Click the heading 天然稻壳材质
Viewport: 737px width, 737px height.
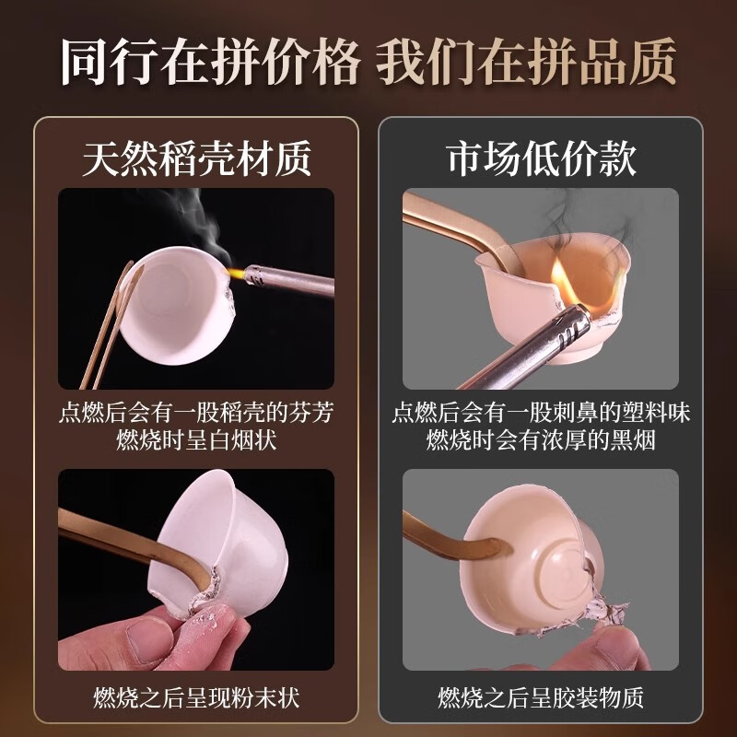[196, 158]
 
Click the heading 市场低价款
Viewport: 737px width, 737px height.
[541, 158]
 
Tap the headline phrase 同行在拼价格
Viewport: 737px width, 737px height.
[210, 62]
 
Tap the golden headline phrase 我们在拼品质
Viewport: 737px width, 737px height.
[526, 62]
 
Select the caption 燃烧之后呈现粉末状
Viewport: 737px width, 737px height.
[196, 697]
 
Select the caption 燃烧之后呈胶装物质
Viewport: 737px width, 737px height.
[541, 697]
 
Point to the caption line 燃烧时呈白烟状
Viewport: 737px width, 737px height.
[196, 440]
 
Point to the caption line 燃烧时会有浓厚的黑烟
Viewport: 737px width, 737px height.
[541, 440]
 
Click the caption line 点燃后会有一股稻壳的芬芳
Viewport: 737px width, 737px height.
[196, 412]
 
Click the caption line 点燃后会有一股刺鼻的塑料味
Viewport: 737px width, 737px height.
[541, 412]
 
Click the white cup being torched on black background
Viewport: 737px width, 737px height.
[176, 301]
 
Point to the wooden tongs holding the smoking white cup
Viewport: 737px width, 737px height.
[111, 324]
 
